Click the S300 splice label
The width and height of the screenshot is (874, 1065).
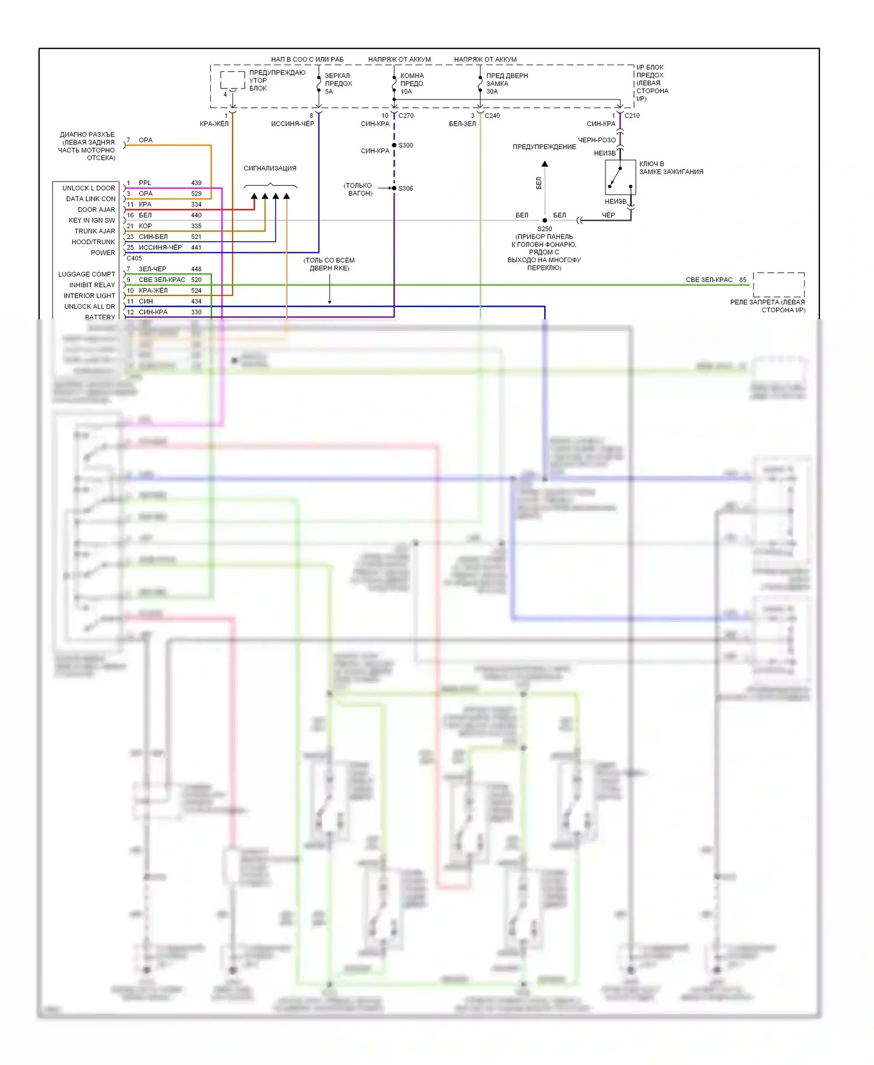(x=406, y=145)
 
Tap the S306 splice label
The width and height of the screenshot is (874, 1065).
(x=406, y=188)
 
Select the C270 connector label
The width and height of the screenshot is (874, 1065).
(x=406, y=115)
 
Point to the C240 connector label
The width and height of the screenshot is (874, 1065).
(x=492, y=115)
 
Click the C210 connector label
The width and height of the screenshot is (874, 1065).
(x=632, y=115)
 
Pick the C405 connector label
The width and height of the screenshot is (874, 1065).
(x=134, y=258)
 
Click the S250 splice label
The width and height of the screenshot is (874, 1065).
(x=545, y=229)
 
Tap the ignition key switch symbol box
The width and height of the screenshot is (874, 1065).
(x=620, y=177)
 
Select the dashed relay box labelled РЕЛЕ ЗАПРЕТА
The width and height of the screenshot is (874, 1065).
(x=778, y=285)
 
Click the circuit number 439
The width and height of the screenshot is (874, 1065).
(x=196, y=183)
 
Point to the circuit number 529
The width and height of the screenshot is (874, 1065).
(x=196, y=193)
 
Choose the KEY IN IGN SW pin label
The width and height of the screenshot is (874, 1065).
(x=91, y=220)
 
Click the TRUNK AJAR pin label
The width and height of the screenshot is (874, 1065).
(x=94, y=231)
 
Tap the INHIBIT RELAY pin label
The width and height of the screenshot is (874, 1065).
(x=92, y=285)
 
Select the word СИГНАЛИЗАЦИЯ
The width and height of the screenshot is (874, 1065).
(x=270, y=168)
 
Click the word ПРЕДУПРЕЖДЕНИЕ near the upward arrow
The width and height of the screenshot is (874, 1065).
(x=544, y=147)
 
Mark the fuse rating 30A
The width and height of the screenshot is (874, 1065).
(x=492, y=91)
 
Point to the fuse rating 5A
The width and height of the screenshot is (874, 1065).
(x=329, y=91)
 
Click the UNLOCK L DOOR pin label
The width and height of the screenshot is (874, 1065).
(x=89, y=188)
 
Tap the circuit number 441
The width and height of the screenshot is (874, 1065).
(x=196, y=248)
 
